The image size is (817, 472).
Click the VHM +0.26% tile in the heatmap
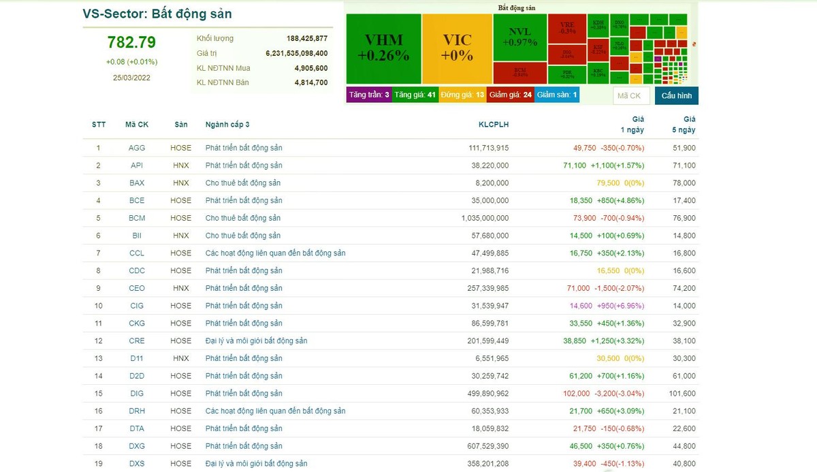tap(383, 48)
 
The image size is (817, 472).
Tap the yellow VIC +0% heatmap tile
tap(456, 48)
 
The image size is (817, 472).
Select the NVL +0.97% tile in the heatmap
tap(519, 37)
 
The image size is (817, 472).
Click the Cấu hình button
tap(676, 95)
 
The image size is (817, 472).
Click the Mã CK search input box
tap(630, 95)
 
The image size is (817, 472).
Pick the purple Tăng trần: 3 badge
tap(369, 95)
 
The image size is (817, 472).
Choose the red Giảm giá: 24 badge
tap(510, 95)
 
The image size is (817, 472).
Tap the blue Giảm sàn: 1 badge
tap(557, 95)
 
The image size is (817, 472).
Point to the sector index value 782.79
tap(131, 42)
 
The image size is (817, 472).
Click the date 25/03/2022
tap(131, 77)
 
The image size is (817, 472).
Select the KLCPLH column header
tap(494, 125)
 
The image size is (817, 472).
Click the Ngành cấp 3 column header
tap(227, 125)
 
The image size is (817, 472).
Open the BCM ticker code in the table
tap(137, 218)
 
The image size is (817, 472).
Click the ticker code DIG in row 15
tap(137, 393)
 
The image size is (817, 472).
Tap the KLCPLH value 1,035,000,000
tap(485, 218)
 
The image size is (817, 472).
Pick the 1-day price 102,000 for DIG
tap(577, 393)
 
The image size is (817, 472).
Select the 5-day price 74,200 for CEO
tap(683, 288)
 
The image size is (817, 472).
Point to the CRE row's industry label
tap(256, 341)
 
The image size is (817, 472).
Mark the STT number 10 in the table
tap(99, 306)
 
